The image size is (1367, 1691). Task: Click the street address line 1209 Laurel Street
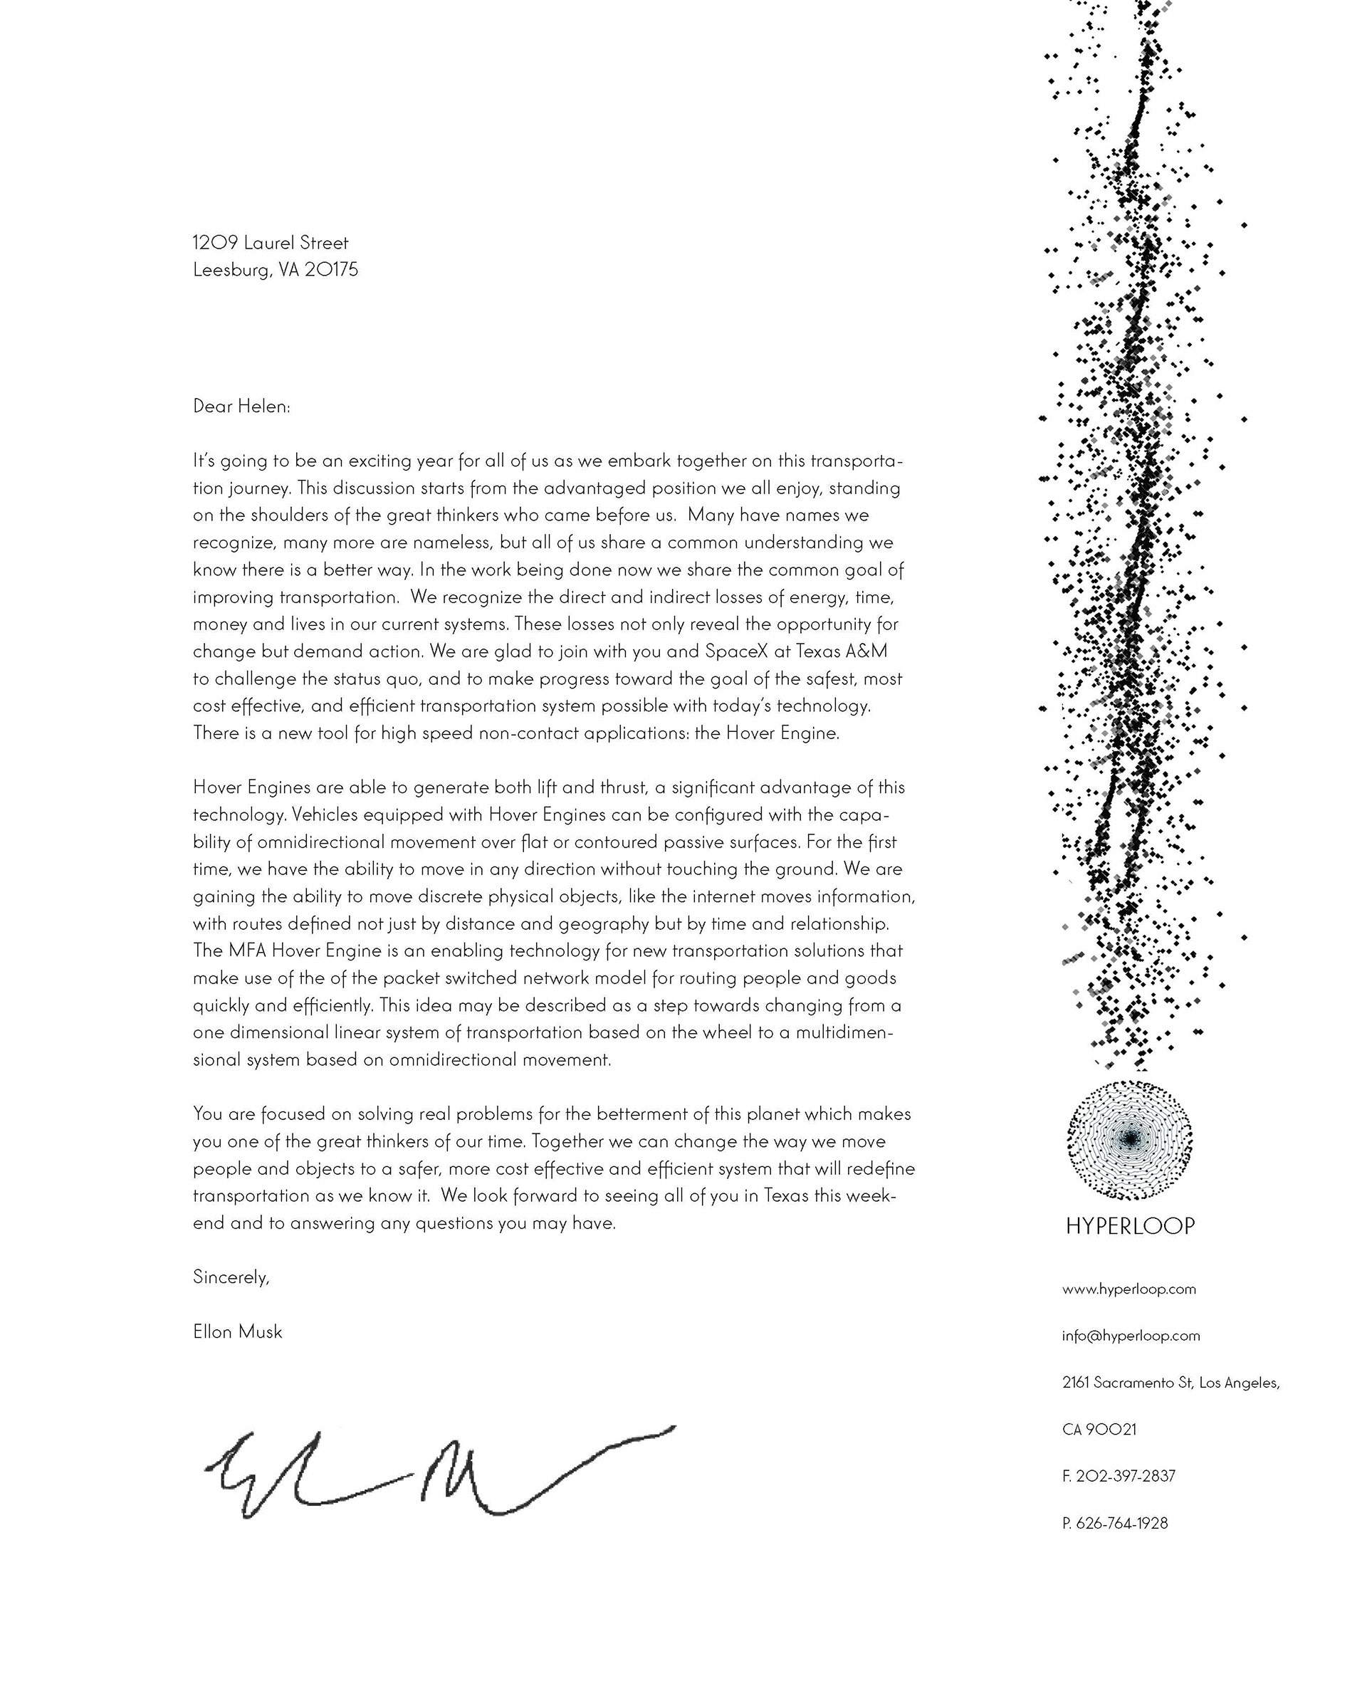pos(270,243)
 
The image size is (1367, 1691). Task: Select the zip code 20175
pos(331,270)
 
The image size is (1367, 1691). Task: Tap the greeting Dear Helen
pos(241,407)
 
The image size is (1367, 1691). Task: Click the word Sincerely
pos(231,1277)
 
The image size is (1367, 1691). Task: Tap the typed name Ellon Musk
pos(237,1332)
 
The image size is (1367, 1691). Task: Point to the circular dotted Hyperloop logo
pos(1129,1139)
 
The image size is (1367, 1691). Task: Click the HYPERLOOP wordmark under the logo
pos(1130,1226)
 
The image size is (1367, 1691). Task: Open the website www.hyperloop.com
pos(1128,1289)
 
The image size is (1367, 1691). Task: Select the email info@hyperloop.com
pos(1131,1336)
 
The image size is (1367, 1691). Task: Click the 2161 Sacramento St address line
pos(1170,1383)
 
